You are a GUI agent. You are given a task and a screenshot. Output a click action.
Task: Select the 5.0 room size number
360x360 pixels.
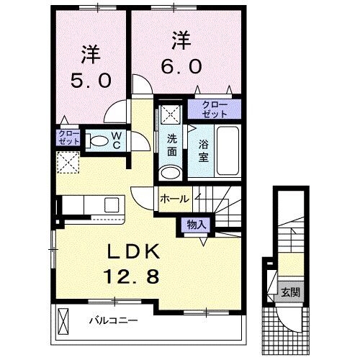point(90,80)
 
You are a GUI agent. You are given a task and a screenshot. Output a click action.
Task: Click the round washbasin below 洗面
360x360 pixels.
point(171,173)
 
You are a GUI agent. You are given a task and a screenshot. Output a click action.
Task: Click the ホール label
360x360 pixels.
point(174,197)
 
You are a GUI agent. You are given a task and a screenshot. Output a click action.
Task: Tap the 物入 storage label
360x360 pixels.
point(196,225)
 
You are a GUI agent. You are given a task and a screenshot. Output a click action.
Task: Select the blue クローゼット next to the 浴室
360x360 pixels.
point(213,110)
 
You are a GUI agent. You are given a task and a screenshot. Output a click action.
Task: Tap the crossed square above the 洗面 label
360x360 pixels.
point(171,112)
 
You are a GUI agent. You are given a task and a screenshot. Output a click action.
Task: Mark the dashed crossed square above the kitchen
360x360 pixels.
point(69,164)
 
